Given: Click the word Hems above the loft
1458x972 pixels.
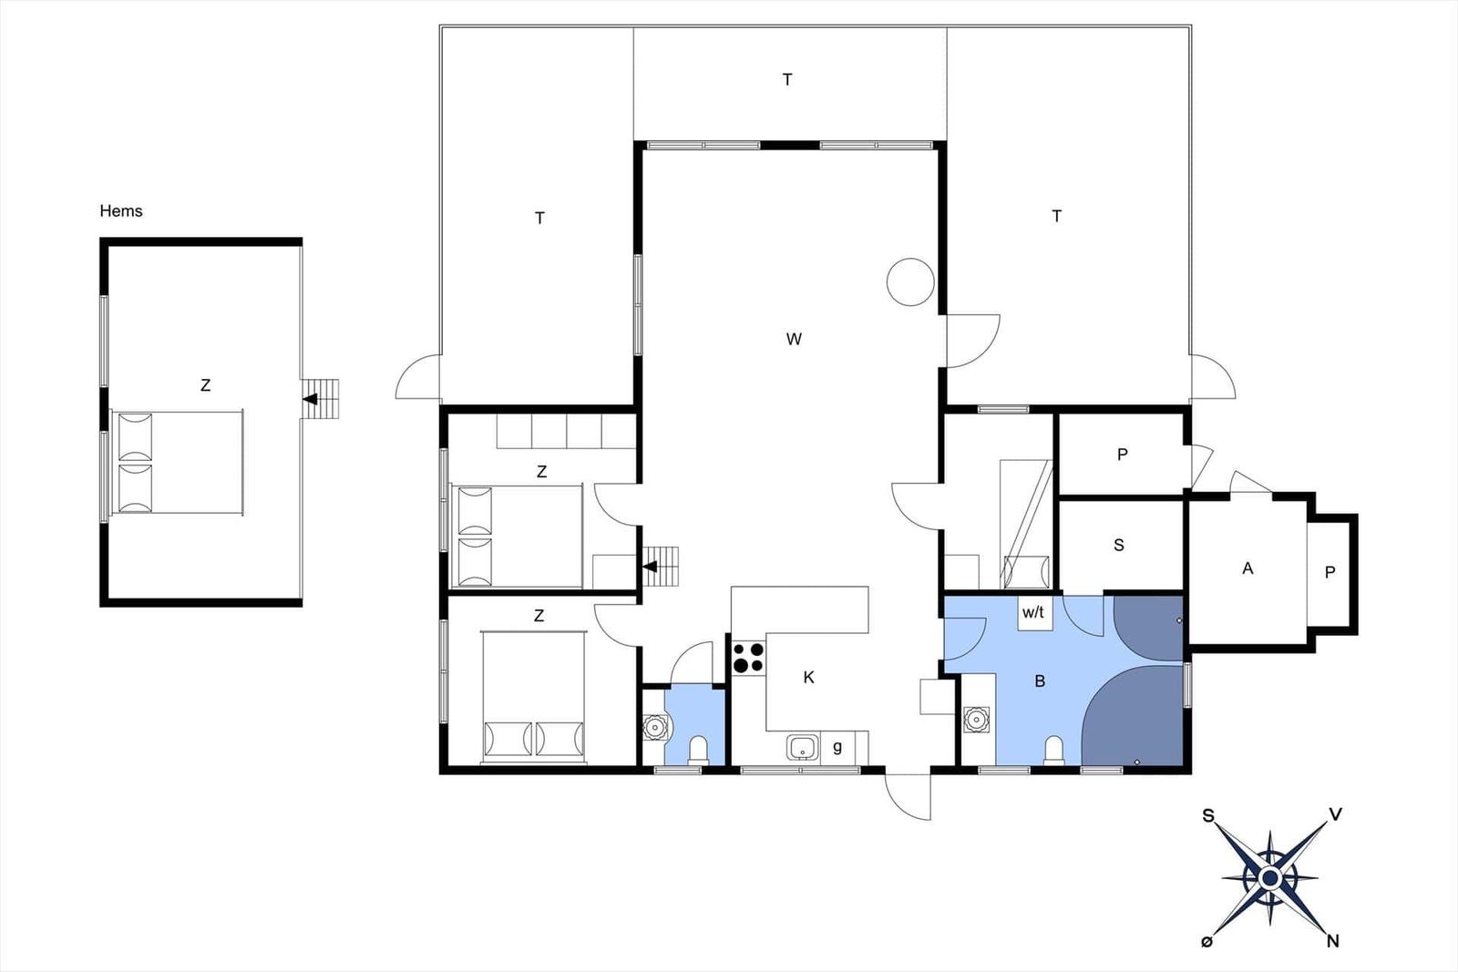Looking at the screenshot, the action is (x=120, y=210).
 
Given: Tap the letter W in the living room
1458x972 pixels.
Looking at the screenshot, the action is (x=794, y=339).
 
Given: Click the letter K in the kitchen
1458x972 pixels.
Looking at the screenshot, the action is (x=808, y=677).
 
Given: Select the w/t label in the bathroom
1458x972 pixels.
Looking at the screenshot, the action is (x=1033, y=612).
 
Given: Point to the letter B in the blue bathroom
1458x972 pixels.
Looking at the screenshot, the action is (x=1040, y=681).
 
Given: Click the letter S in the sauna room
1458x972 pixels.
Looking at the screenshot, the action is (x=1119, y=545).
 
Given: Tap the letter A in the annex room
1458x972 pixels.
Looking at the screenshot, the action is (x=1248, y=568).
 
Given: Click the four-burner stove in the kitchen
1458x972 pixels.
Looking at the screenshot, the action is (x=748, y=657).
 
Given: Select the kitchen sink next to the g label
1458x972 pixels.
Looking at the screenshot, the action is (x=803, y=748).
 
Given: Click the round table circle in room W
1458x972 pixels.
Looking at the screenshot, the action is (x=910, y=281).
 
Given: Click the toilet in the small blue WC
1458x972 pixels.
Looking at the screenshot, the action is (x=698, y=750).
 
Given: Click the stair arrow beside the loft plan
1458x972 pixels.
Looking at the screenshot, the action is (x=311, y=399).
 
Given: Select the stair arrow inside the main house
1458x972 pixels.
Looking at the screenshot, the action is (x=651, y=567).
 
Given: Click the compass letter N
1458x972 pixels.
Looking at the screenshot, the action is (x=1332, y=941).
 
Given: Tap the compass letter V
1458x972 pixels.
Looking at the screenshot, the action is (x=1335, y=813).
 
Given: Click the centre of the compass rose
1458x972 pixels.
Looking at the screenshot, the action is (x=1269, y=877).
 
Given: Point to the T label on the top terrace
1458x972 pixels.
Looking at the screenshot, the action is (x=787, y=79).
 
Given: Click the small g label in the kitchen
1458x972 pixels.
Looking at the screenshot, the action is (x=837, y=747).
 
